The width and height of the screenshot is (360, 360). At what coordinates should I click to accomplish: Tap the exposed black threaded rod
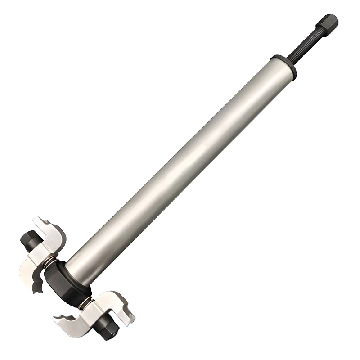pyautogui.click(x=304, y=45)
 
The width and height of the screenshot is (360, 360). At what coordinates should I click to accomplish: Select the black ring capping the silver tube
pyautogui.click(x=283, y=66)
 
